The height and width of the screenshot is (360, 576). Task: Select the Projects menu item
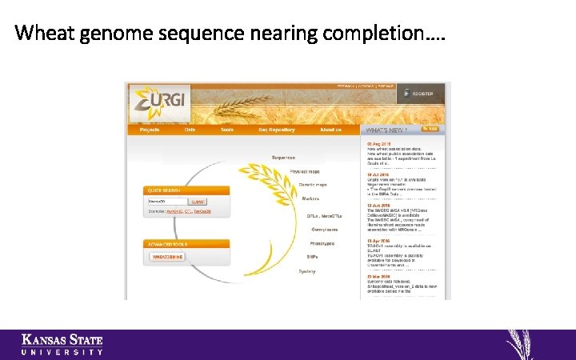point(150,130)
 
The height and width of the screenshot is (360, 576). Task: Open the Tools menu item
point(227,130)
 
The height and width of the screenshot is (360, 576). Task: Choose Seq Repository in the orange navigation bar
point(276,130)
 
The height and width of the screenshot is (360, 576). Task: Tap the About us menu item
point(331,130)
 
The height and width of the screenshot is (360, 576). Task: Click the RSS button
point(430,129)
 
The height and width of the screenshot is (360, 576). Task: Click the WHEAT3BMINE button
point(168,257)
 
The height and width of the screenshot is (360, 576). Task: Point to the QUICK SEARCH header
point(162,190)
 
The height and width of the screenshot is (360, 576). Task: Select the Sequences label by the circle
point(283,157)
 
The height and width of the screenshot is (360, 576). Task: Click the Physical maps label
point(305,171)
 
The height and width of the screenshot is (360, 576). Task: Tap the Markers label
point(310,198)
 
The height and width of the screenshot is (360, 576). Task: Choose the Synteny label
point(307,271)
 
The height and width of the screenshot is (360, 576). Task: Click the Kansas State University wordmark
point(62,344)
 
